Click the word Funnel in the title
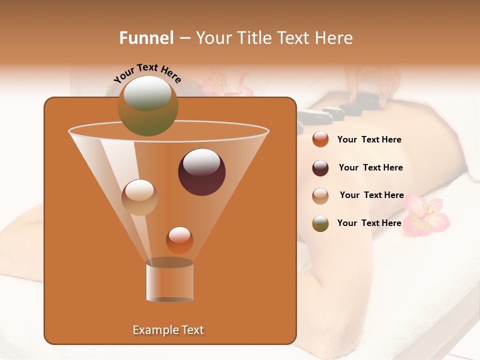click(146, 38)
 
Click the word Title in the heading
click(254, 38)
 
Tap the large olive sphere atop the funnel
click(148, 105)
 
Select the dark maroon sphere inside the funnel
click(202, 172)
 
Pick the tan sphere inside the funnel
click(139, 197)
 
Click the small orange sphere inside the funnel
click(179, 240)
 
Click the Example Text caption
click(168, 330)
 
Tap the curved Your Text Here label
click(147, 72)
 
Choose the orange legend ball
click(320, 139)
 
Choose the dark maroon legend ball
click(320, 167)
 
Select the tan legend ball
click(320, 195)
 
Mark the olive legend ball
click(320, 223)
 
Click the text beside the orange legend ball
click(369, 140)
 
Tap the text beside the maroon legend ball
click(370, 168)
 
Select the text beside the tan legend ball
click(371, 195)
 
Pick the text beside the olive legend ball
click(369, 223)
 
